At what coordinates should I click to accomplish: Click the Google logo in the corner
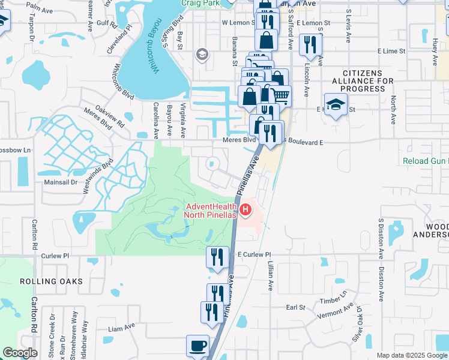pyautogui.click(x=20, y=353)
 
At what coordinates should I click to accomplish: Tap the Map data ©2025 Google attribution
pyautogui.click(x=412, y=355)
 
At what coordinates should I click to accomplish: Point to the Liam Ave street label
pyautogui.click(x=122, y=328)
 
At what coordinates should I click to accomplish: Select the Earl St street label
pyautogui.click(x=296, y=307)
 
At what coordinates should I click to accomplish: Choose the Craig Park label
pyautogui.click(x=200, y=4)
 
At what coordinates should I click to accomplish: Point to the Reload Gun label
pyautogui.click(x=425, y=161)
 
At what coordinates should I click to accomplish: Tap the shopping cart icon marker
pyautogui.click(x=280, y=95)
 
